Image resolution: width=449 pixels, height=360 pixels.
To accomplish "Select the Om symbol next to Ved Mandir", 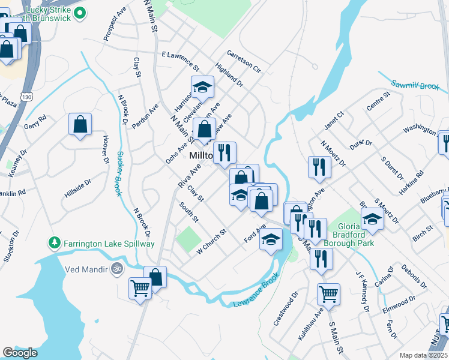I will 116,270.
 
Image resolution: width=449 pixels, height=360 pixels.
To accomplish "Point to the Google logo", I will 20,352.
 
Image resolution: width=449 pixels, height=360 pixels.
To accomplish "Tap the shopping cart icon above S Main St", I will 328,293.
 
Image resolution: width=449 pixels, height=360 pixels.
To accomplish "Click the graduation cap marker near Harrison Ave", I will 202,87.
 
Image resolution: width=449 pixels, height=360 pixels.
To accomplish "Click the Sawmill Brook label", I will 416,85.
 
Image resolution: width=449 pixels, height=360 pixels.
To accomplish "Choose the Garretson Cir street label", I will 244,61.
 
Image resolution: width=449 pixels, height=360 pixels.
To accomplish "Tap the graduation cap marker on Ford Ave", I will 271,239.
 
